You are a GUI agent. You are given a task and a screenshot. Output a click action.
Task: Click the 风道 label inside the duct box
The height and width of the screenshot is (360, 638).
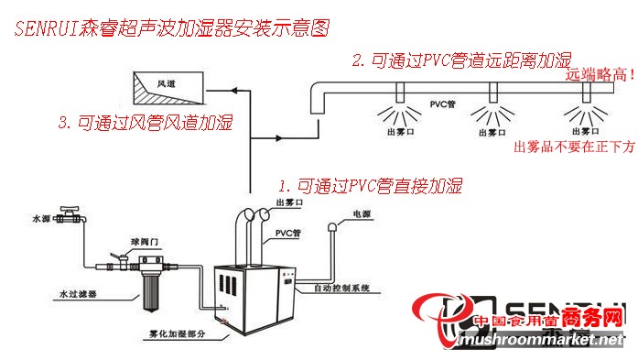166,83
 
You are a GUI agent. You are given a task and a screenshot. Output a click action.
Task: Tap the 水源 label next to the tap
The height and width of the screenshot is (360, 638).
41,219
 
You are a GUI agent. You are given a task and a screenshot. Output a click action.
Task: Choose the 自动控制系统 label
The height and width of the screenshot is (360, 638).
340,288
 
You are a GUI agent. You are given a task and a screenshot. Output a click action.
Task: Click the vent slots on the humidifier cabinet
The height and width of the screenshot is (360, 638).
286,288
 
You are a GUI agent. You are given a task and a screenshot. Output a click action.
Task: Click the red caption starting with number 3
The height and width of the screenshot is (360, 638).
144,123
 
